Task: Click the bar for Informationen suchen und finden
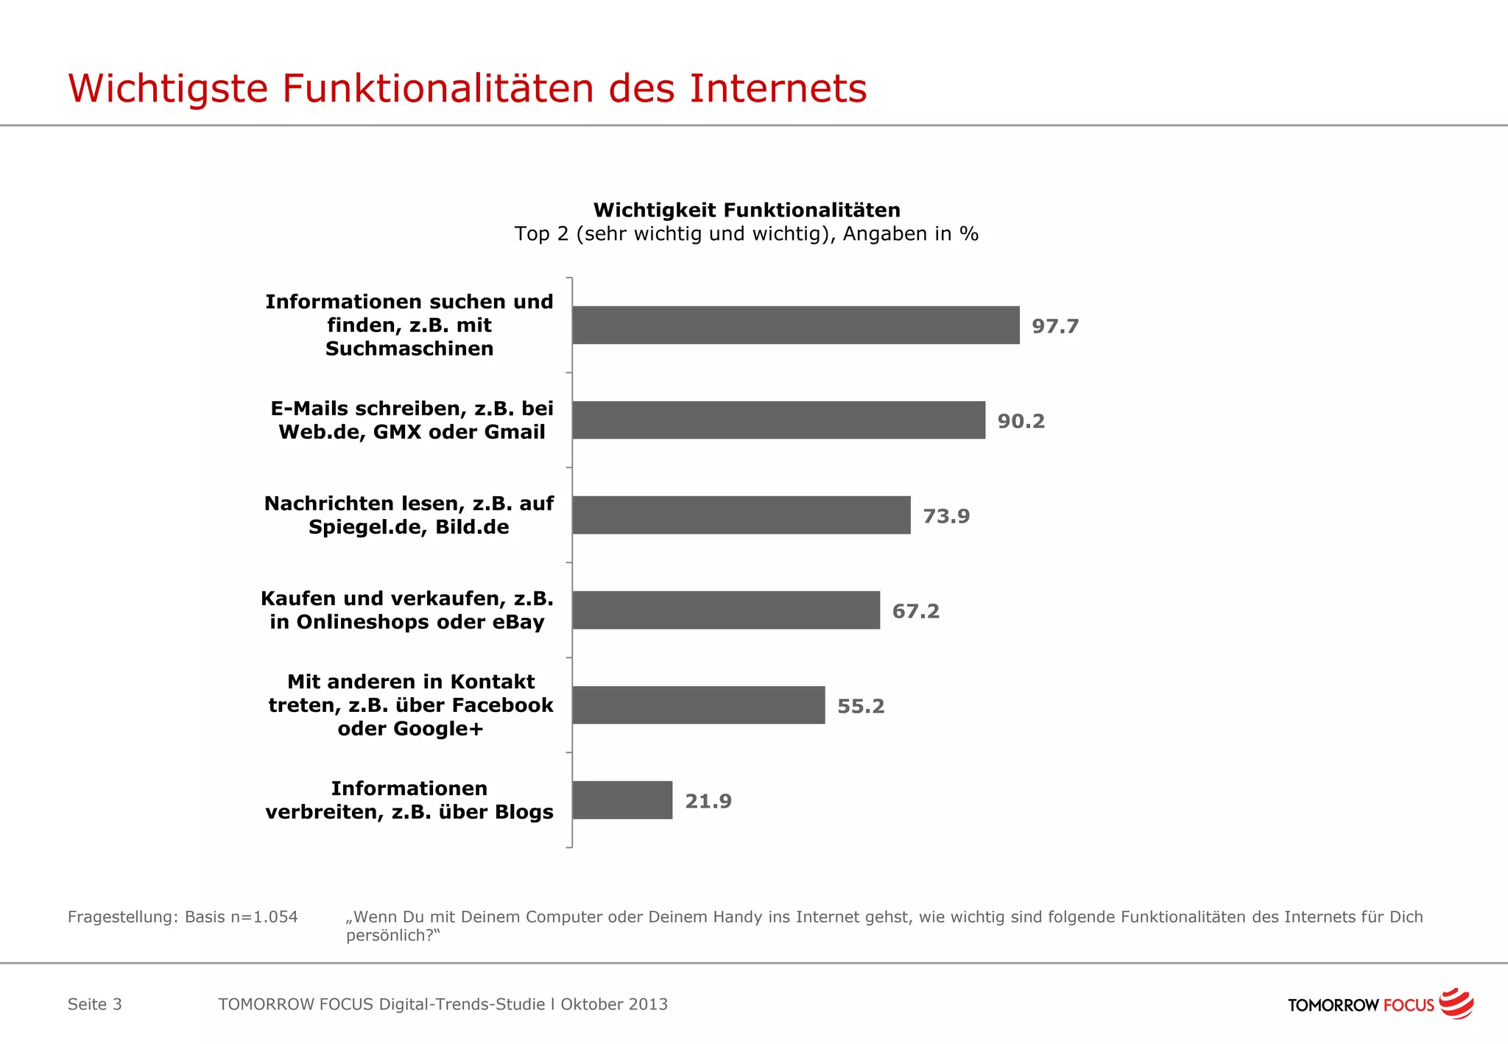(x=795, y=325)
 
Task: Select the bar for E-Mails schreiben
(x=778, y=420)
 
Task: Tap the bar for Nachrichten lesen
(x=741, y=515)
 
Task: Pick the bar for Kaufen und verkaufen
(x=725, y=610)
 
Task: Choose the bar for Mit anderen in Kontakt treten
(x=698, y=705)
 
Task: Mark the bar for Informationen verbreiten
(x=622, y=800)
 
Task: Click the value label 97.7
(x=1055, y=326)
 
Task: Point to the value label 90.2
(x=1021, y=421)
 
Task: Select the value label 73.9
(x=946, y=516)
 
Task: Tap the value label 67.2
(x=915, y=611)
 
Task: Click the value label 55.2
(x=861, y=706)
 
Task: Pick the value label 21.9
(x=708, y=801)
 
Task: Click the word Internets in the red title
(x=778, y=88)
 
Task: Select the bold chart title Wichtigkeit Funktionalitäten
(x=747, y=210)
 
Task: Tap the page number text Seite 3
(x=95, y=1004)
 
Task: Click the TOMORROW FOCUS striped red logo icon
(x=1456, y=1004)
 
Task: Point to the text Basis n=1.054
(x=241, y=917)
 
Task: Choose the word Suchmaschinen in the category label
(x=409, y=348)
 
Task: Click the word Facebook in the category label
(x=502, y=705)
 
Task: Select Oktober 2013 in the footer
(x=614, y=1004)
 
